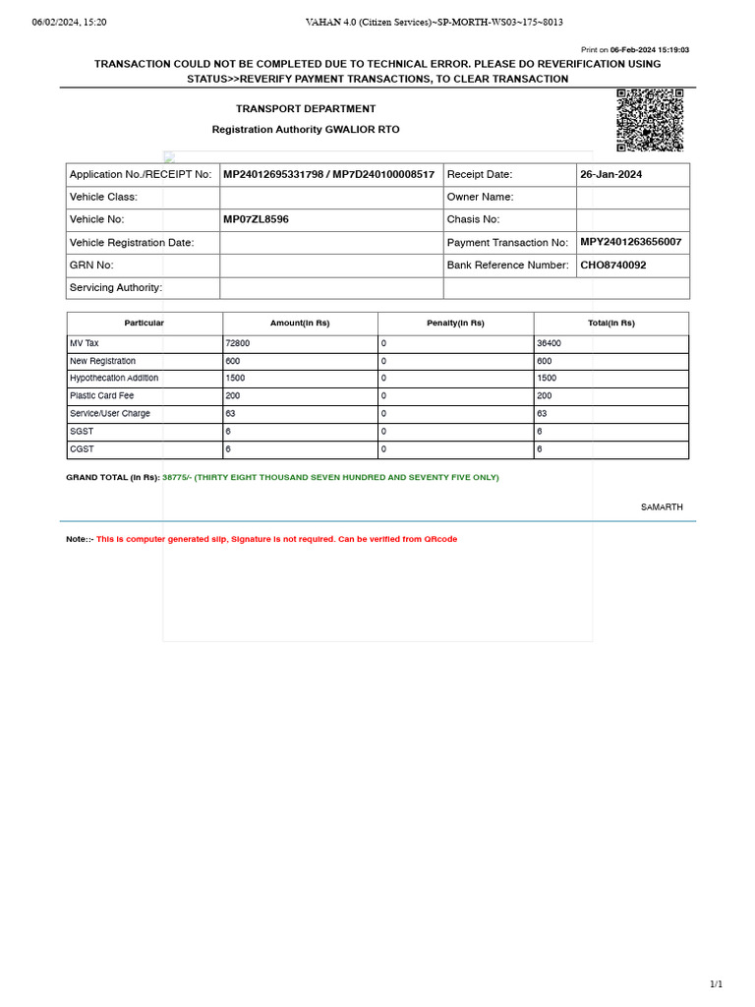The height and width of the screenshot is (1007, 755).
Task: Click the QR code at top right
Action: click(650, 120)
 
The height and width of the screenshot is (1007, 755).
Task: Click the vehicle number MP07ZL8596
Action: click(256, 219)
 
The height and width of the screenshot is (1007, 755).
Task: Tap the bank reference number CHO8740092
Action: click(613, 266)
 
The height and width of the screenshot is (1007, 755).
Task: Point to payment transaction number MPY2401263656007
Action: click(630, 242)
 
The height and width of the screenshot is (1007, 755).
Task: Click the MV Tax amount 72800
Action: click(237, 343)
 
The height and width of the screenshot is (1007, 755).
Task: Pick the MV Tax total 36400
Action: click(549, 343)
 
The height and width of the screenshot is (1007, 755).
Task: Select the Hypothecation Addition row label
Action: click(114, 379)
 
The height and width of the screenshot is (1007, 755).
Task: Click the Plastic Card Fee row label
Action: click(101, 396)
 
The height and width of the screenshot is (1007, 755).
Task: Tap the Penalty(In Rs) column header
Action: click(455, 324)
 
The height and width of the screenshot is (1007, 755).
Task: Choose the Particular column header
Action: click(145, 324)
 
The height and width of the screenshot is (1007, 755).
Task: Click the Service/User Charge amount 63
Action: click(230, 414)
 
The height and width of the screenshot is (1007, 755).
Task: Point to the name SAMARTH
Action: click(662, 507)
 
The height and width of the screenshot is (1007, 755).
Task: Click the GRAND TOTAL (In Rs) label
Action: click(112, 478)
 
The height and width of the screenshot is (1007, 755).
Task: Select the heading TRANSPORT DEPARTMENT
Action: click(306, 109)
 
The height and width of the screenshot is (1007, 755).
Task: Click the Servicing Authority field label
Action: click(116, 288)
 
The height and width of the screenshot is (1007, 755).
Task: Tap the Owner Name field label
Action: click(481, 197)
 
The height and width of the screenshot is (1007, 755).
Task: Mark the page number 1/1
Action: click(716, 984)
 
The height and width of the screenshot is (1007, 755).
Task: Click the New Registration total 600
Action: click(544, 361)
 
